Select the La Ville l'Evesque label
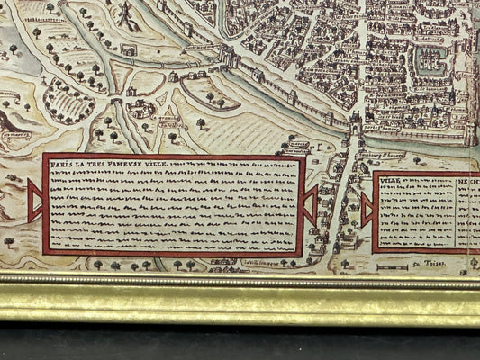pos(259,264)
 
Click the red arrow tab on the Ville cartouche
pos(367,210)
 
